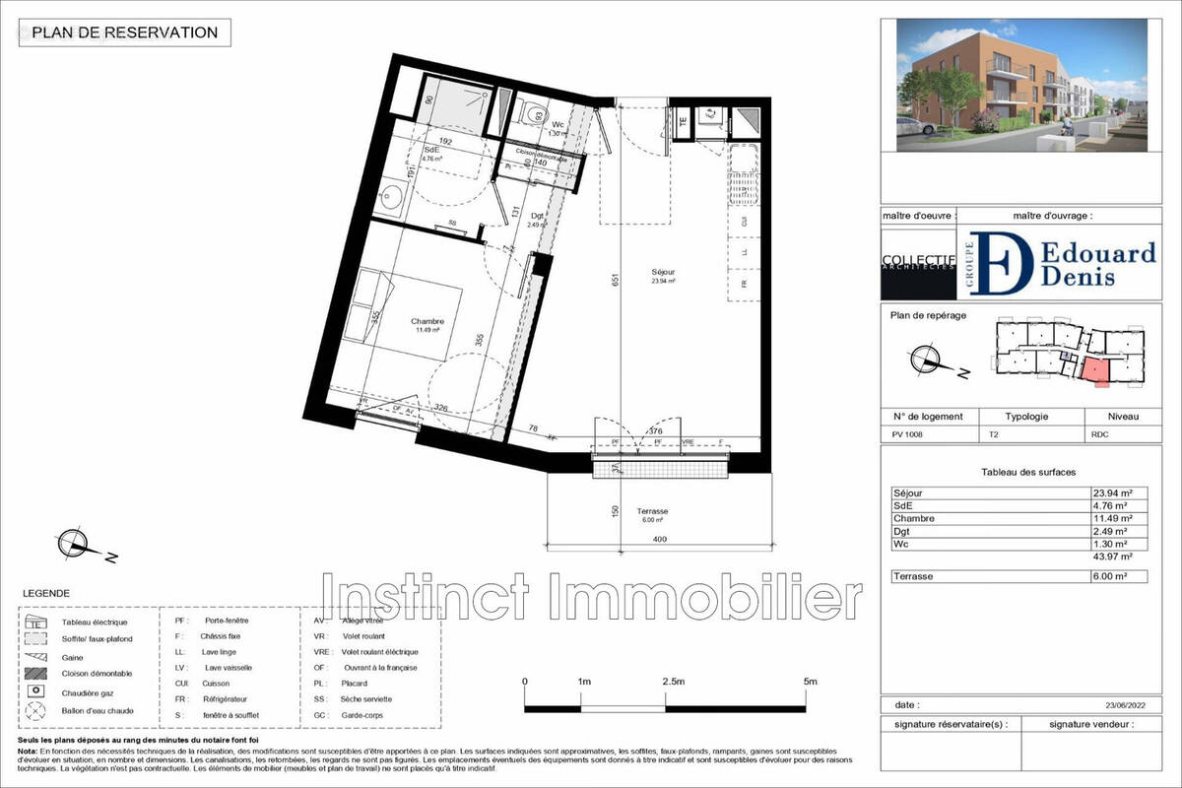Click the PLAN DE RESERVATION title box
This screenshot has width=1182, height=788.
point(124,33)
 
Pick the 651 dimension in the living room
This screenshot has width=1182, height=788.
point(614,279)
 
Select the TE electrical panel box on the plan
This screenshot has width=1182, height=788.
point(684,121)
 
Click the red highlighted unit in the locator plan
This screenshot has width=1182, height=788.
point(1093,371)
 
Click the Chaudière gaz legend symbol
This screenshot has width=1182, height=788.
point(36,692)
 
